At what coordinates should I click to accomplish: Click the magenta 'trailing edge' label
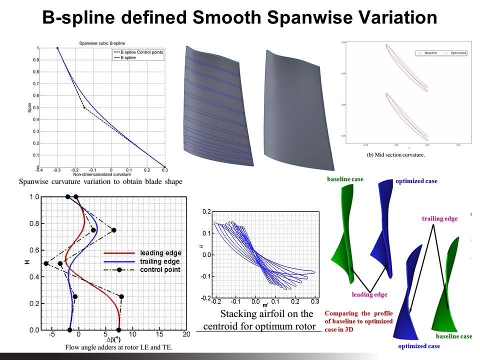439,218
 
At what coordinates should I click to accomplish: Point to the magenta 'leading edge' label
369,294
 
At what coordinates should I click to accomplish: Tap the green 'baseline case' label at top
345,178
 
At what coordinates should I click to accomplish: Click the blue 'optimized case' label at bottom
419,346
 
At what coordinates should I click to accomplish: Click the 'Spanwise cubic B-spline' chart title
101,44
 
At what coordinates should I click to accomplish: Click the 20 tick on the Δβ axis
186,334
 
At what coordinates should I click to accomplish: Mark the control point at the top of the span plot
57,48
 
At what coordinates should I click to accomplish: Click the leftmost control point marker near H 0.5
46,263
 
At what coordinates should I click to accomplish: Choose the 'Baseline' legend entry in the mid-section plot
431,52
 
